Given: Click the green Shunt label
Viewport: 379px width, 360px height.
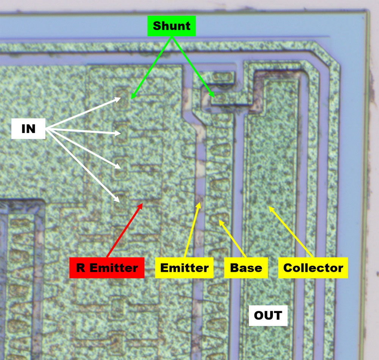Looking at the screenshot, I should coord(172,26).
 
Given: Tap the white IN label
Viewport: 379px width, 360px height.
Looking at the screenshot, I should coord(28,129).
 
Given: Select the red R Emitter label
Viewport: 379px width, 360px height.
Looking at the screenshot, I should coord(107,268).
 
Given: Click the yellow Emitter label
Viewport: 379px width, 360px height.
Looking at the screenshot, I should coord(184,268).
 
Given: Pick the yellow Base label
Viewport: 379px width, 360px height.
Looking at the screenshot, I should coord(246,268).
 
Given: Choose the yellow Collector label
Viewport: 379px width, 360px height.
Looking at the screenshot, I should coord(313,268).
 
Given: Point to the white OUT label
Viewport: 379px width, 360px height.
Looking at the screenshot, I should coord(268,315).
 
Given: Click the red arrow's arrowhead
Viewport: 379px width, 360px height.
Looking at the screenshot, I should coord(142,204).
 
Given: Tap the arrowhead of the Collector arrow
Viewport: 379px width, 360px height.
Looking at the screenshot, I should coord(269,207).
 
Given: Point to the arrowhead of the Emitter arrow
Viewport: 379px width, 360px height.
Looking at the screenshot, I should coord(199,204).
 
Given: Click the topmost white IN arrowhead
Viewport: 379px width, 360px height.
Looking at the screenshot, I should coord(120,98).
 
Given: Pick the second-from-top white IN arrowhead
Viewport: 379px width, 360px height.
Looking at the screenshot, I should coord(120,133).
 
